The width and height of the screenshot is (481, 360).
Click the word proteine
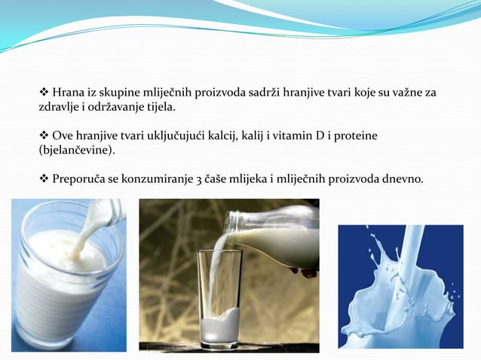coord(357,136)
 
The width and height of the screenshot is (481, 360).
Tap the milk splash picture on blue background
coord(400,286)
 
